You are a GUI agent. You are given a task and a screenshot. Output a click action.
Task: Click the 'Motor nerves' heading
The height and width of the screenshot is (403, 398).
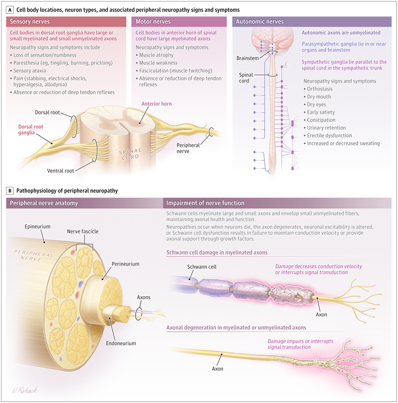pyautogui.click(x=153, y=22)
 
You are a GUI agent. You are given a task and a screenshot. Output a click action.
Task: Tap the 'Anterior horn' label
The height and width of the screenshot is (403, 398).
pyautogui.click(x=155, y=104)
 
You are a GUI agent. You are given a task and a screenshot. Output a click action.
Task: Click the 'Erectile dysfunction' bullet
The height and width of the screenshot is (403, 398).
pyautogui.click(x=329, y=135)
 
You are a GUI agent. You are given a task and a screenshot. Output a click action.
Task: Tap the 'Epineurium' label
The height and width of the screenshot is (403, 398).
pyautogui.click(x=37, y=227)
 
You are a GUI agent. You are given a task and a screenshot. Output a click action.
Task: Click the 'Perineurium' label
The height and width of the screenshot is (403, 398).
pyautogui.click(x=125, y=264)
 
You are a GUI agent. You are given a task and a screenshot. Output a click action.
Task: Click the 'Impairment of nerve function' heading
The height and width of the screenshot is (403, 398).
pyautogui.click(x=205, y=203)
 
